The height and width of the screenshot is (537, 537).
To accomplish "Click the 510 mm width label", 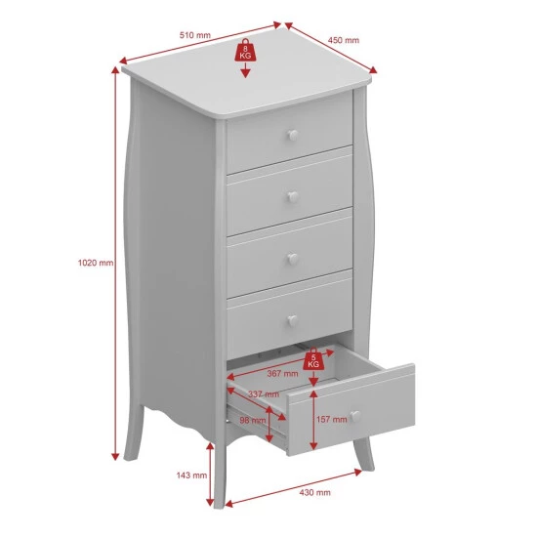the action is coord(195,35).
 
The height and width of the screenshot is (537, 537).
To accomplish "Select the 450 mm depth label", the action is coord(344,40).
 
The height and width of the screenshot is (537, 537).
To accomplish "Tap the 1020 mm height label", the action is coord(96,263).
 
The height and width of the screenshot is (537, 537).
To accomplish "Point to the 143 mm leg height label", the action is coord(191,475).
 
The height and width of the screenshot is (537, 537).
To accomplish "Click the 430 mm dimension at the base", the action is coord(314,492).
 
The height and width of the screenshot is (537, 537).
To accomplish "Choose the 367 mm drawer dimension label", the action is coord(282,373).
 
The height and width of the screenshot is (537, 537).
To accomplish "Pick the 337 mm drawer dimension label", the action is coord(264,394).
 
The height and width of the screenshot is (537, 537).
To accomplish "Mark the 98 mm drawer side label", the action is coord(253,420).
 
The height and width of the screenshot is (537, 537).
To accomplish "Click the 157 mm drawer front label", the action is coord(332,419).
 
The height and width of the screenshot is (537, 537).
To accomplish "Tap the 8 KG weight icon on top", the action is coord(245,51).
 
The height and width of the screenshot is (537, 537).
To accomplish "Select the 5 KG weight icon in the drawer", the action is coord(313,359).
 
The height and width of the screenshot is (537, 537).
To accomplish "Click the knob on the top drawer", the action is coord(293,136).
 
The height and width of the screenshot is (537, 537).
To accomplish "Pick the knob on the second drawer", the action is coord(293,196).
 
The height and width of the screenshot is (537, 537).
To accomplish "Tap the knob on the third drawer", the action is coord(293,259).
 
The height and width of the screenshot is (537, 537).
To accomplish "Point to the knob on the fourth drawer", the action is coord(293,320).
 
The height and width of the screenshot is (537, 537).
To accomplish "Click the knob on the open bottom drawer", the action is coord(355,416).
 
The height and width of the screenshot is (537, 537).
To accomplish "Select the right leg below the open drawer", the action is coord(364,453).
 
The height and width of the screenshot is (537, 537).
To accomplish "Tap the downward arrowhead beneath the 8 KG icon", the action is coord(245,72).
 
